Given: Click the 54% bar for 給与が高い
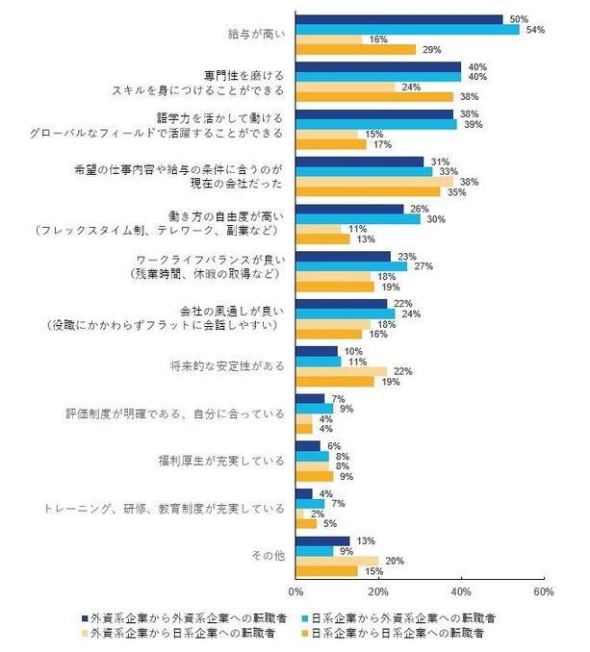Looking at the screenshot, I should coord(407,29).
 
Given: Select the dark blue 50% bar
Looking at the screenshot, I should coord(398,19).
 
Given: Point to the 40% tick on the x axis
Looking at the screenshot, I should coord(461,589).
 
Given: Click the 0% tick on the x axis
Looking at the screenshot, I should coord(295,589).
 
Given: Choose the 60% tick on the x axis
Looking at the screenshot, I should coord(543,589).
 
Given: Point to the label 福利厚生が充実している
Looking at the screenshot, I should coord(222,460).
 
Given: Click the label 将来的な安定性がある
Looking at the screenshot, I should coord(226,366).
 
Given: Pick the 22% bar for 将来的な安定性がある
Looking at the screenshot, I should coord(341,371).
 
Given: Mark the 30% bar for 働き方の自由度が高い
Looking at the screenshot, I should coord(357,218).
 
